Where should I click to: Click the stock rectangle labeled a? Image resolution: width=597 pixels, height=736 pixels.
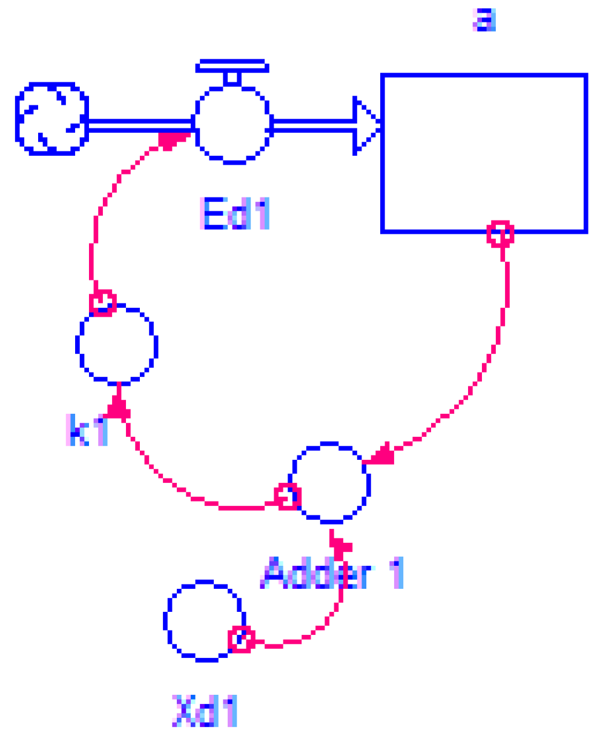(x=484, y=153)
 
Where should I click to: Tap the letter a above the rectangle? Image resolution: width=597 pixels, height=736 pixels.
(x=484, y=20)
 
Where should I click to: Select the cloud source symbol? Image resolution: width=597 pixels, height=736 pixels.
(x=51, y=119)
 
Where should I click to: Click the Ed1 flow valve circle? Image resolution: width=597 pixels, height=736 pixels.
(x=233, y=125)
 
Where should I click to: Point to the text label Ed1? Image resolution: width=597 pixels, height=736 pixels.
(x=234, y=214)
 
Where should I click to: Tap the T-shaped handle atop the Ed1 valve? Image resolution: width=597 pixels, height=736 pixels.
(x=231, y=70)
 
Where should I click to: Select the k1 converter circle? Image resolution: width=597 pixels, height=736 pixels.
(x=117, y=344)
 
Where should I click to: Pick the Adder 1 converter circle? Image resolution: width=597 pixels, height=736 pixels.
(x=331, y=482)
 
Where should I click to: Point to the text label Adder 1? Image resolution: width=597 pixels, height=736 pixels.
(x=332, y=573)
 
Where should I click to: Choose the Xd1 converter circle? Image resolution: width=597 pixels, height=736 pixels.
(x=203, y=620)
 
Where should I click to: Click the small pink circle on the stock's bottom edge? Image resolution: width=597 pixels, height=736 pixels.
(x=501, y=233)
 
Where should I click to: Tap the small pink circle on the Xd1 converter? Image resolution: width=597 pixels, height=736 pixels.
(x=241, y=638)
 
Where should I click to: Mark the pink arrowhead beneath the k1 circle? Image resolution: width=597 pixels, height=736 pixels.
(x=119, y=408)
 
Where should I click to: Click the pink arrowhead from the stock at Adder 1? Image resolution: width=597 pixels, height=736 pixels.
(x=381, y=455)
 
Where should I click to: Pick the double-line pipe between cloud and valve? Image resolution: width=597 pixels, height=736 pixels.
(x=140, y=125)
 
